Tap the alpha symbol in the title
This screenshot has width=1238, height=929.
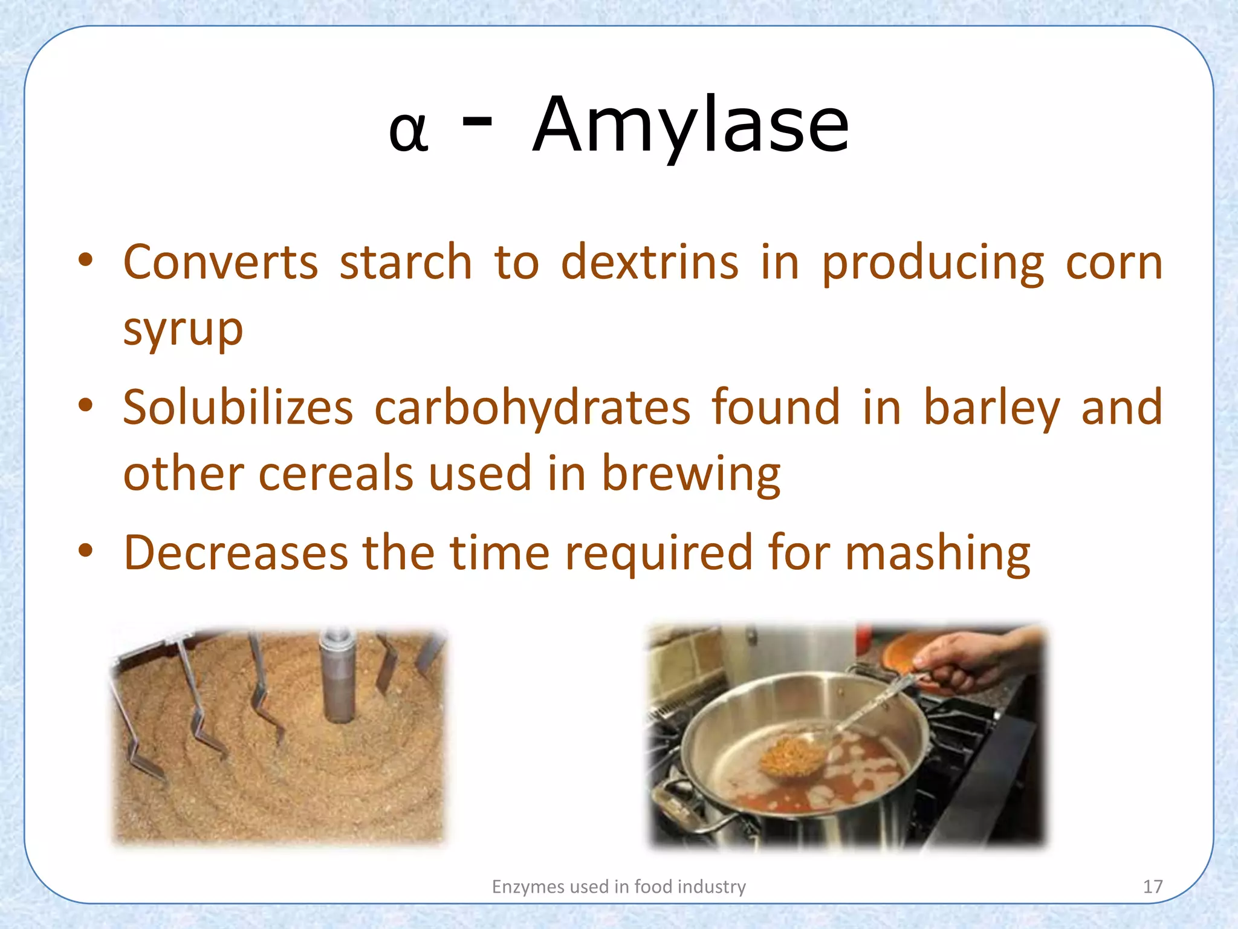(409, 131)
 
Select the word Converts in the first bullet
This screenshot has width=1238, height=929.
(221, 262)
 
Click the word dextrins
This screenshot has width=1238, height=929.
(650, 262)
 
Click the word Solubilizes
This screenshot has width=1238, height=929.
(238, 407)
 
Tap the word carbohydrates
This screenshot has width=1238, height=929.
(532, 407)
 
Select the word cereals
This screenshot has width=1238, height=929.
(335, 473)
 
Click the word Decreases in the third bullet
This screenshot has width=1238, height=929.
(236, 552)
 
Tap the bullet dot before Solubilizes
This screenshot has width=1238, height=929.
(86, 405)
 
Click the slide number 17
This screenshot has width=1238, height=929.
(1153, 887)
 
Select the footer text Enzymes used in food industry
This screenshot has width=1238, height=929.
(618, 887)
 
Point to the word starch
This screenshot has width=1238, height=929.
(406, 262)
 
